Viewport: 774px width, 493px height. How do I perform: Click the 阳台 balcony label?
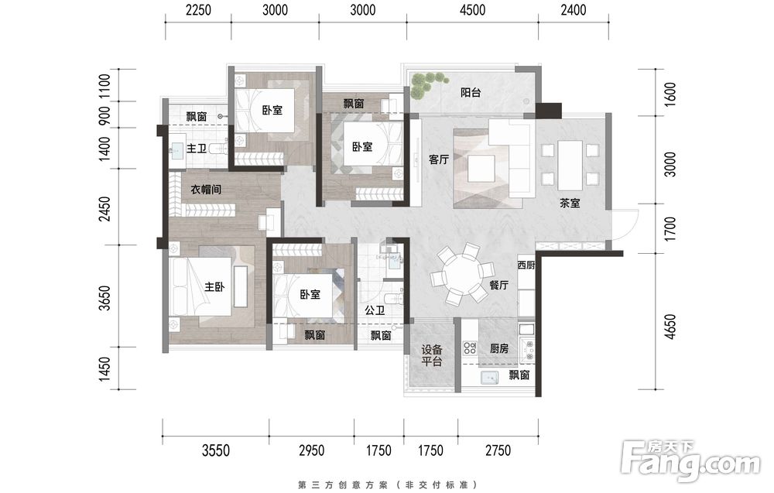[x=471, y=92]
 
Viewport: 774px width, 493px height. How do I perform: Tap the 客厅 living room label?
[x=439, y=159]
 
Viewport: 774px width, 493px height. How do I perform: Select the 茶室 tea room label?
[x=570, y=203]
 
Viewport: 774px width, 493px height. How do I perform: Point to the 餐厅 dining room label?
[x=498, y=285]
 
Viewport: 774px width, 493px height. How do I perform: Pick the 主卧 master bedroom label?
[x=214, y=286]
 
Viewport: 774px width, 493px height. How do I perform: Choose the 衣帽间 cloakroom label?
[x=206, y=189]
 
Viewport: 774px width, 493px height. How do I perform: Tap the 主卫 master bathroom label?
[x=197, y=148]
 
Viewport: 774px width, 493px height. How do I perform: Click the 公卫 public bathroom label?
[x=375, y=310]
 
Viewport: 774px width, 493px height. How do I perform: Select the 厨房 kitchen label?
[x=499, y=348]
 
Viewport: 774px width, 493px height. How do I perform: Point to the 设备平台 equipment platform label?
[x=432, y=356]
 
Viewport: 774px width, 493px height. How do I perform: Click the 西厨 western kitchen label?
[x=526, y=265]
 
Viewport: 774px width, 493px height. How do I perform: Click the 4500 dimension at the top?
[x=472, y=10]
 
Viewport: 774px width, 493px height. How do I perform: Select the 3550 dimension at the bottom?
[x=216, y=450]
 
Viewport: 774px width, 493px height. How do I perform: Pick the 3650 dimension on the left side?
[x=104, y=298]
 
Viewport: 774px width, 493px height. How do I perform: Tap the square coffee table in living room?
[x=481, y=169]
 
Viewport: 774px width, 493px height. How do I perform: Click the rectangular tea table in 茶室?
[x=570, y=166]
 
